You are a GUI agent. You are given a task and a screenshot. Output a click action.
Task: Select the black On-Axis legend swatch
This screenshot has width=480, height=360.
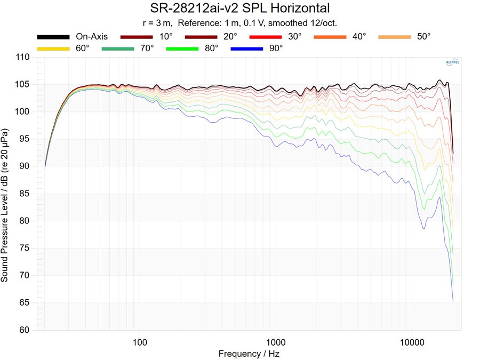pyautogui.click(x=53, y=37)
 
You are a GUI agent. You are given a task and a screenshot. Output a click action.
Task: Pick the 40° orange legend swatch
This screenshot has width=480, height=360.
pyautogui.click(x=330, y=37)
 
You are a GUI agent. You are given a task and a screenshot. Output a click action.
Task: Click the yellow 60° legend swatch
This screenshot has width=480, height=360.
pyautogui.click(x=53, y=49)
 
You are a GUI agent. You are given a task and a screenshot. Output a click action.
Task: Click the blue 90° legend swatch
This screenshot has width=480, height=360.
pyautogui.click(x=247, y=49)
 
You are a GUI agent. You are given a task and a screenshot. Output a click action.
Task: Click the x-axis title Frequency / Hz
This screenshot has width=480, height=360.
pyautogui.click(x=249, y=354)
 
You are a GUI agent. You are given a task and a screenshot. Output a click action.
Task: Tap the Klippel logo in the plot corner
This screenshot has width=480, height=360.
pyautogui.click(x=452, y=63)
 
